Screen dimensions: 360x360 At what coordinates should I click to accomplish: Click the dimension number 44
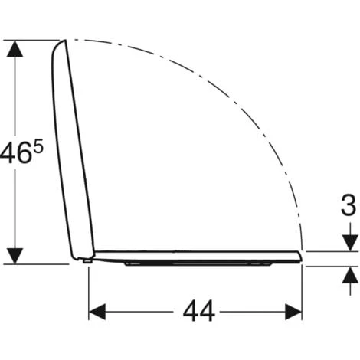(x=199, y=312)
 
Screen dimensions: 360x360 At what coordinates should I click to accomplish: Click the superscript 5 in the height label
(x=38, y=149)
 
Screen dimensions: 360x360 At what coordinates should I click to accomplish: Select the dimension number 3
(x=349, y=205)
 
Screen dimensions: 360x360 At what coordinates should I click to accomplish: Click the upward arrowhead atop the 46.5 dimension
(x=15, y=48)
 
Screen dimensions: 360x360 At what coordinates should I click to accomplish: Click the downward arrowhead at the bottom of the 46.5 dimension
(x=15, y=256)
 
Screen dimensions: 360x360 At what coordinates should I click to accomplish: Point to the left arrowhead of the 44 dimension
(x=97, y=312)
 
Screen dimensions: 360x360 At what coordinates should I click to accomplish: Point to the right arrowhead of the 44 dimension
(x=293, y=312)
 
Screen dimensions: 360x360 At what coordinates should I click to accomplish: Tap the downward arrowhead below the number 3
(x=350, y=243)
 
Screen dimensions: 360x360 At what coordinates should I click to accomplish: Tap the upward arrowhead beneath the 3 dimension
(x=350, y=274)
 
